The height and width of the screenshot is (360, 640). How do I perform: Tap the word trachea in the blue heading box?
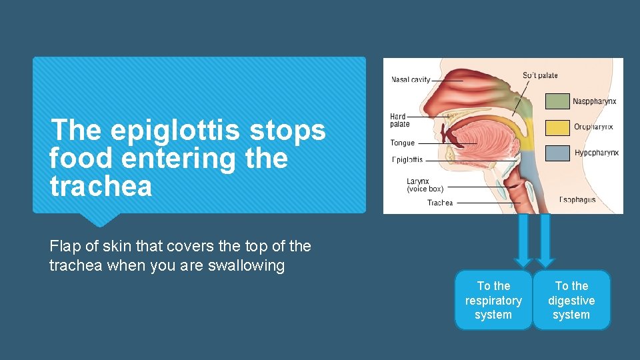101,187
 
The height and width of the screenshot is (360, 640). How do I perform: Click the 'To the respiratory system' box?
493,300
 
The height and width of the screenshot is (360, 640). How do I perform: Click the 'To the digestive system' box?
571,300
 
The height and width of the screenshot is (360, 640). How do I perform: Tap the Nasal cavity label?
411,80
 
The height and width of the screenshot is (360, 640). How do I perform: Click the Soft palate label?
540,75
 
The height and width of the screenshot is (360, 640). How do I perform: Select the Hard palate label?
399,121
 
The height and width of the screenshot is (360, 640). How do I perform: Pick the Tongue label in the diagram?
403,143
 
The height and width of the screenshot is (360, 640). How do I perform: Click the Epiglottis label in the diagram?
407,160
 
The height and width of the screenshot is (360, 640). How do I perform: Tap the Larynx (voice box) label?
425,185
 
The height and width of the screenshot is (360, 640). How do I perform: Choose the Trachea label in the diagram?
440,203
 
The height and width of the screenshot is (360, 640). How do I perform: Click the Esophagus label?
577,199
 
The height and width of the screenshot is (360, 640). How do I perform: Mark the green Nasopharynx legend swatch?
557,101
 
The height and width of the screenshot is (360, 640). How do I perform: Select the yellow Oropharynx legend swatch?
557,127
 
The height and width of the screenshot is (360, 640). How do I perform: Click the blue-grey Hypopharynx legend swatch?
557,153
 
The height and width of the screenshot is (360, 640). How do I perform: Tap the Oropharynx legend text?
593,127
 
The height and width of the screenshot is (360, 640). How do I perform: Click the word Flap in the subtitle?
63,246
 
